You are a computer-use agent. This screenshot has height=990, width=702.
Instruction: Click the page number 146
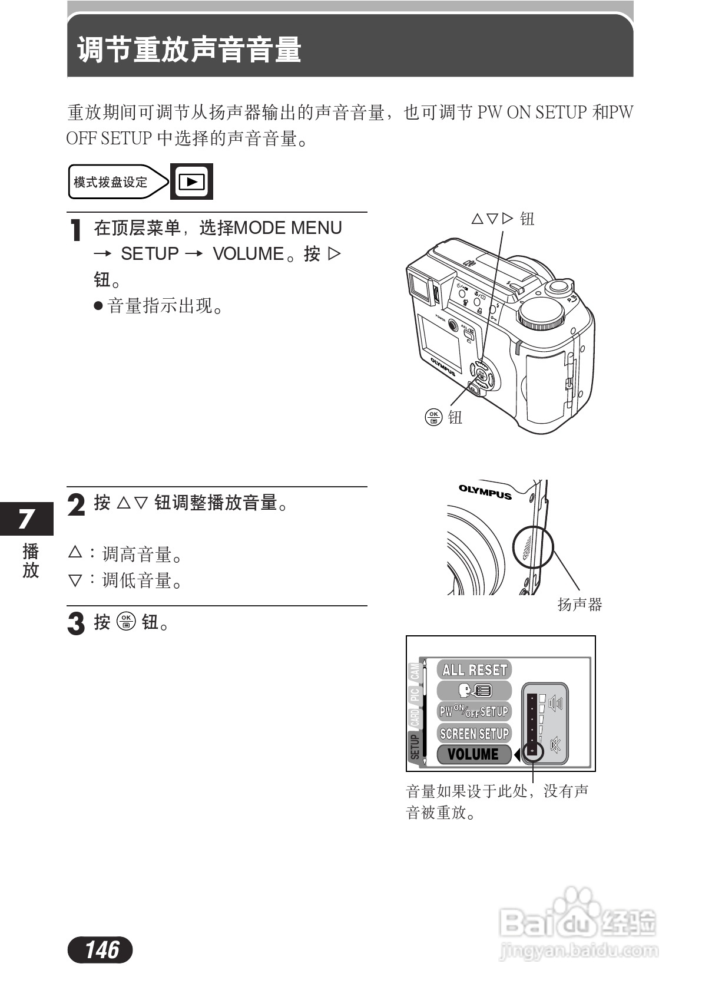point(101,949)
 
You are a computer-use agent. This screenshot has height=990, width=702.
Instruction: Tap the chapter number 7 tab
point(26,519)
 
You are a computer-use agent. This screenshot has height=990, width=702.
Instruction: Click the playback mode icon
point(191,181)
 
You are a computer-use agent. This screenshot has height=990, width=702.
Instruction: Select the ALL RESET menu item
point(474,669)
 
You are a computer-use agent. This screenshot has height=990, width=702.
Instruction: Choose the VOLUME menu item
point(473,754)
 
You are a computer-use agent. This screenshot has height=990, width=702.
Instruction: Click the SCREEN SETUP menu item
point(474,733)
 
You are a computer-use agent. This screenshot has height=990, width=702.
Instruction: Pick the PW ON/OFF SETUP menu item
point(474,711)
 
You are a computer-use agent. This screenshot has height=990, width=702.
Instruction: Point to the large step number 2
point(77,505)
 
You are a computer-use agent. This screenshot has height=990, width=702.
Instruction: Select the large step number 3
point(77,623)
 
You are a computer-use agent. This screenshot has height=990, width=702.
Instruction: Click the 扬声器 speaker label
point(580,605)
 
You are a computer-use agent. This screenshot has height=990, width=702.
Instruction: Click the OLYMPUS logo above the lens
point(485,491)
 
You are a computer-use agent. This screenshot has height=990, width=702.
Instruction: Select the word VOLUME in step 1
point(249,254)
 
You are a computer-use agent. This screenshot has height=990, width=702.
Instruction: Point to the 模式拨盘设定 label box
point(111,182)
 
